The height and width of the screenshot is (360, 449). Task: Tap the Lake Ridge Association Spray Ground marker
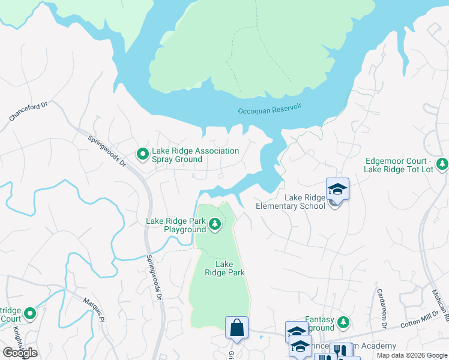(x=143, y=155)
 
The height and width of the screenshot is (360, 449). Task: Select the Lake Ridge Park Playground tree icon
(x=215, y=225)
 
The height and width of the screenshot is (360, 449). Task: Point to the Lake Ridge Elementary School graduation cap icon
(x=337, y=189)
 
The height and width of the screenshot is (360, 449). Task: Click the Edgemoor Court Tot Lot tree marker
(x=442, y=163)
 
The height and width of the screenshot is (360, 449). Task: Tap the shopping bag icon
(x=237, y=328)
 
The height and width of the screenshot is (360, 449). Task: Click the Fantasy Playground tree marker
(x=343, y=323)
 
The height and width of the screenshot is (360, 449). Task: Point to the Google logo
(x=20, y=353)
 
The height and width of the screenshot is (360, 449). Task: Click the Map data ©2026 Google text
(x=412, y=355)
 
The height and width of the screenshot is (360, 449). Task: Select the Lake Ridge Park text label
(x=224, y=268)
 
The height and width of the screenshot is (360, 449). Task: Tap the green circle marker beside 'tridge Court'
(x=29, y=313)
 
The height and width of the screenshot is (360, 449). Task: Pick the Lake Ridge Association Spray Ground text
(x=196, y=155)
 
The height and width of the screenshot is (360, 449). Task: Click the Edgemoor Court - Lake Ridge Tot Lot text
(x=397, y=166)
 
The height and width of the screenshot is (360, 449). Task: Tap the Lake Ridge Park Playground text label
(x=176, y=225)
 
